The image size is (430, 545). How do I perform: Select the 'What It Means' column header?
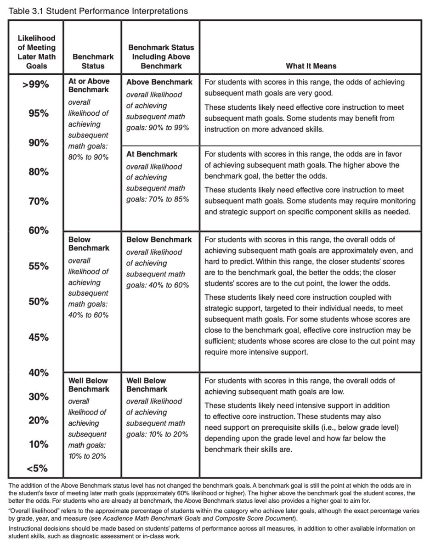pyautogui.click(x=311, y=66)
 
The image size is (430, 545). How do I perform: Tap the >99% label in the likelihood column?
pyautogui.click(x=37, y=85)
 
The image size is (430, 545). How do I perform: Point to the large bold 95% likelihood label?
pyautogui.click(x=37, y=113)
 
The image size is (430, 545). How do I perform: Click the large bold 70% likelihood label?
pyautogui.click(x=37, y=201)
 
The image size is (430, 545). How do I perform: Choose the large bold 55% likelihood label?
pyautogui.click(x=37, y=266)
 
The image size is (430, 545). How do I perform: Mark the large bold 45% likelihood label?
pyautogui.click(x=37, y=337)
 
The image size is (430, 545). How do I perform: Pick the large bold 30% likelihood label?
pyautogui.click(x=37, y=397)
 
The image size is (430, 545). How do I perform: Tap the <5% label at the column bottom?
pyautogui.click(x=37, y=469)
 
